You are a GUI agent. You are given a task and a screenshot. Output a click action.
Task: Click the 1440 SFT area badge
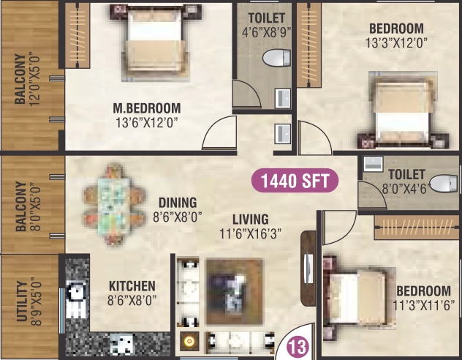pyautogui.click(x=295, y=181)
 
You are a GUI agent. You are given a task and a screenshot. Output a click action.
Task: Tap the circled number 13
pyautogui.click(x=298, y=346)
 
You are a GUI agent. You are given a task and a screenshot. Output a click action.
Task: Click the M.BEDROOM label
pyautogui.click(x=147, y=108)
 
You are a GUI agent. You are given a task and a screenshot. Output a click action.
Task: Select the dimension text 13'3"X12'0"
pyautogui.click(x=396, y=42)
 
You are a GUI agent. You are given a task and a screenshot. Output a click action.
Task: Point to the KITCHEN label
pyautogui.click(x=132, y=286)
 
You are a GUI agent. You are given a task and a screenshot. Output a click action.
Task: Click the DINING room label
pyautogui.click(x=178, y=203)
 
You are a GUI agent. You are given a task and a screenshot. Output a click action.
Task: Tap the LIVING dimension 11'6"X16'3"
pyautogui.click(x=250, y=234)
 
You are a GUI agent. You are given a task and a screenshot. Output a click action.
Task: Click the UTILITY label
pyautogui.click(x=22, y=301)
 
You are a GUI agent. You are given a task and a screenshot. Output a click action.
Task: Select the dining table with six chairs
pyautogui.click(x=114, y=203)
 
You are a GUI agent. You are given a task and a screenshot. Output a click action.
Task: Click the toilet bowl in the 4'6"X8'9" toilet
pyautogui.click(x=276, y=58)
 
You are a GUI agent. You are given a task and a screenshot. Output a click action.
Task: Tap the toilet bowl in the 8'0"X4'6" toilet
pyautogui.click(x=444, y=184)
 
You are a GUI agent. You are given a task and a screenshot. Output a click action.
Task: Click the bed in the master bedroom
pyautogui.click(x=155, y=44)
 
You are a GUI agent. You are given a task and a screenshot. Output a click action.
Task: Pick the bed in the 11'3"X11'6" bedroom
pyautogui.click(x=360, y=298)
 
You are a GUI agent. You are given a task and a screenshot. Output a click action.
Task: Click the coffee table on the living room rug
pyautogui.click(x=235, y=291)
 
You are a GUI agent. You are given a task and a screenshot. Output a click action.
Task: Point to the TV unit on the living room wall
pyautogui.click(x=308, y=269)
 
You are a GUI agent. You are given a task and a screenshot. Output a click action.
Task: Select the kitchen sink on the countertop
pyautogui.click(x=121, y=344)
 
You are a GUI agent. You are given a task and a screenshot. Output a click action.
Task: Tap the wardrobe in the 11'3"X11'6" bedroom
pyautogui.click(x=417, y=228)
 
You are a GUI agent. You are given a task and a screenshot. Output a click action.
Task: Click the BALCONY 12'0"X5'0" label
pyautogui.click(x=26, y=79)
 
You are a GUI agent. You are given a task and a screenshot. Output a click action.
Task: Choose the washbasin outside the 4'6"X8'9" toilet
pyautogui.click(x=283, y=134)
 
